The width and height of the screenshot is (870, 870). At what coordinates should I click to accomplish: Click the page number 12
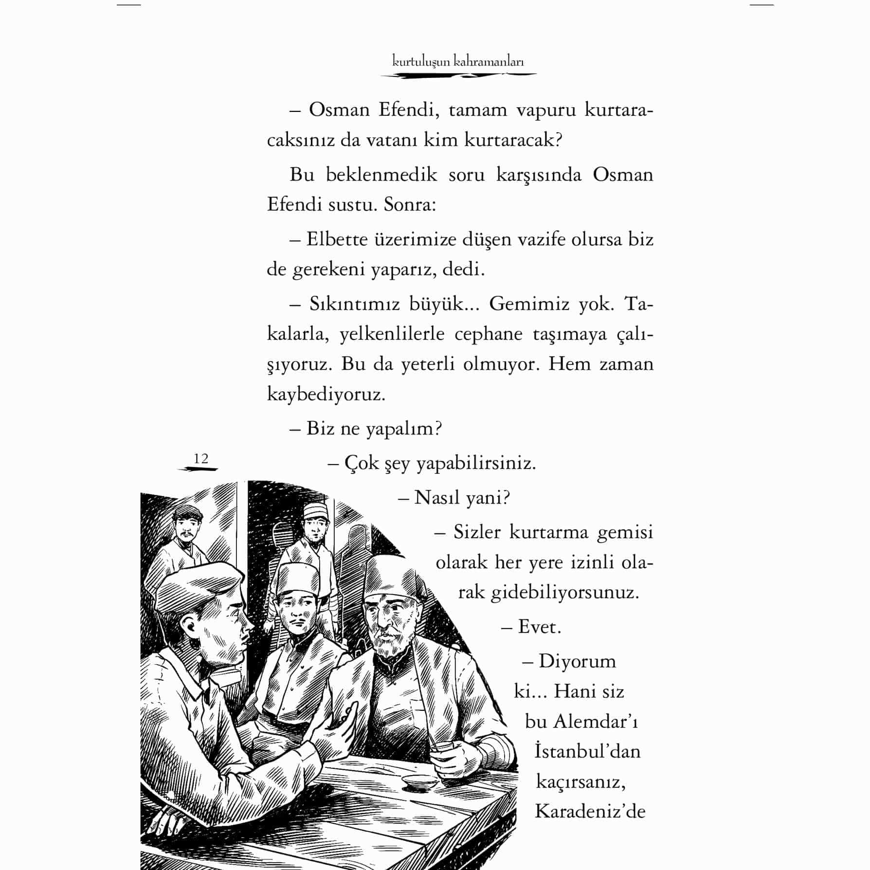point(200,458)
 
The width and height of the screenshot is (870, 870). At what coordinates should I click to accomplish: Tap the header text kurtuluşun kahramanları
point(458,62)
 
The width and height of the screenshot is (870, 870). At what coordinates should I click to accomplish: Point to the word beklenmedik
point(381,175)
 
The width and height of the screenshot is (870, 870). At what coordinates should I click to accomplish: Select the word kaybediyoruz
point(326,394)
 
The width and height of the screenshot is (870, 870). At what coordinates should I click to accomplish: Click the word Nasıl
point(435,498)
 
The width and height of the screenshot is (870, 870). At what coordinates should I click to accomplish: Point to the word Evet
point(539,627)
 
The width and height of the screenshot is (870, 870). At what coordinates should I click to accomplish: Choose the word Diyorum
point(577,661)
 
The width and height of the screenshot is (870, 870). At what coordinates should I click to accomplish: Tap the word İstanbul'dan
point(587,751)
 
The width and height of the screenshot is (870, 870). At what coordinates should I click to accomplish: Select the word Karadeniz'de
point(590,811)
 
